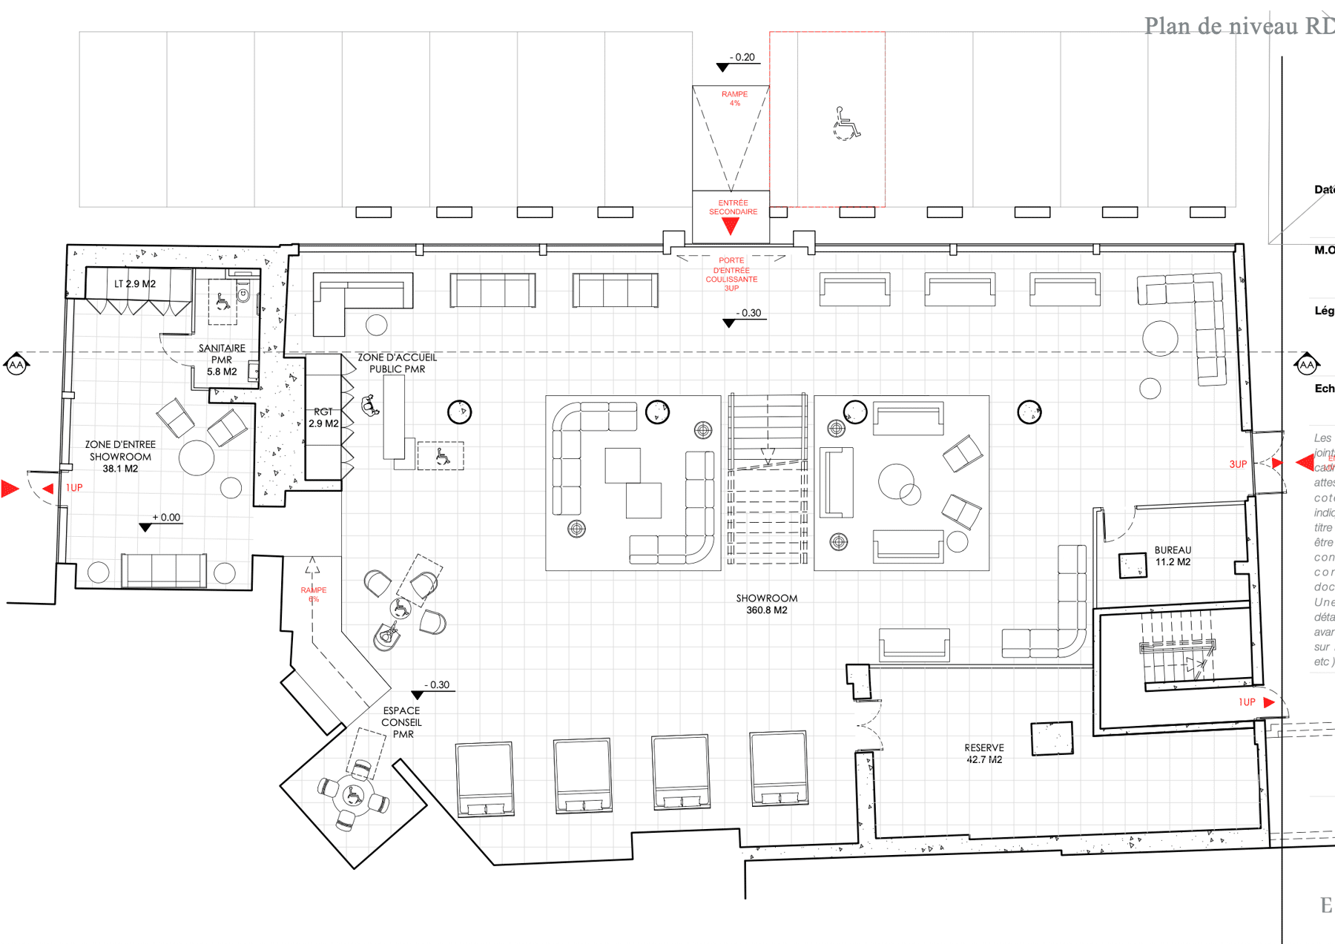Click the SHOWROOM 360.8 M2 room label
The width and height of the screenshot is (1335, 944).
[x=767, y=604]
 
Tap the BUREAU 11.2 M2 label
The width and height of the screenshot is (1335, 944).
[x=1173, y=555]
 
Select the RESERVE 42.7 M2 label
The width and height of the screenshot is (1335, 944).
[x=984, y=753]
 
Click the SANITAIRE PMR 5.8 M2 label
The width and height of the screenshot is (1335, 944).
[x=222, y=360]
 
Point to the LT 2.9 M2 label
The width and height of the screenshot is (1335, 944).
[x=135, y=283]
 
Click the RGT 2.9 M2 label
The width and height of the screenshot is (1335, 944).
[x=323, y=417]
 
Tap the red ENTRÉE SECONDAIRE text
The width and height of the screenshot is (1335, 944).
[x=733, y=207]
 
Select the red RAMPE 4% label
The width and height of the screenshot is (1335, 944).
[x=734, y=98]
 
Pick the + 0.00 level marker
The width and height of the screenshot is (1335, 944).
[x=166, y=518]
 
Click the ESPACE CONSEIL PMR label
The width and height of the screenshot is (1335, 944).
[x=402, y=722]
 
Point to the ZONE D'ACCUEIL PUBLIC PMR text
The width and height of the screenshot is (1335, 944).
[x=398, y=363]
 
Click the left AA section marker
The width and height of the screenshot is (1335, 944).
[x=16, y=365]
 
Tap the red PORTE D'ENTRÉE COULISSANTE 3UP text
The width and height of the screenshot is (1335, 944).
[x=731, y=274]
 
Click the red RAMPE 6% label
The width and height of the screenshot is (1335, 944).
[x=314, y=594]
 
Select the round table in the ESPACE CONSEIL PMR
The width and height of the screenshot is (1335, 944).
[x=354, y=795]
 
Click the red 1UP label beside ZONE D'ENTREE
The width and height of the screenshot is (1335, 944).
[x=74, y=488]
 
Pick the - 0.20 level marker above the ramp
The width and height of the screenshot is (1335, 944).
[x=742, y=57]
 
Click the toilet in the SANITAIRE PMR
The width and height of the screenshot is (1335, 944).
[x=243, y=294]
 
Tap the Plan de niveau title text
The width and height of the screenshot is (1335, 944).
[x=1239, y=26]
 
